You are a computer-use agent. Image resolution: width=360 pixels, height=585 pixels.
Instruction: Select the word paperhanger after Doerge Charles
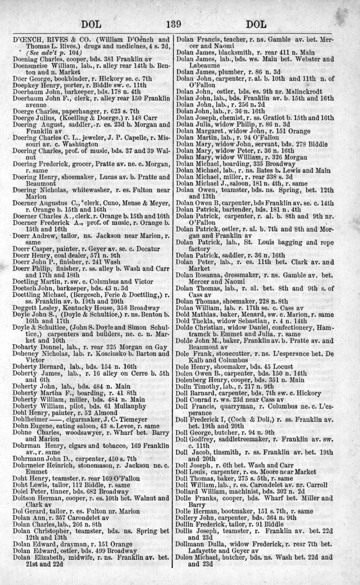78,103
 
